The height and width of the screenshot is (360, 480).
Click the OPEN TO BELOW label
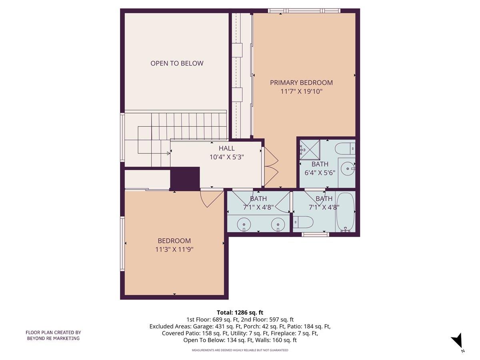[177, 63]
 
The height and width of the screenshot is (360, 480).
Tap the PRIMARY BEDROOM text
[301, 83]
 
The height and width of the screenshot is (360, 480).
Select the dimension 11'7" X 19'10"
[301, 92]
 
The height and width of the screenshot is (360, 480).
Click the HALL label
[226, 148]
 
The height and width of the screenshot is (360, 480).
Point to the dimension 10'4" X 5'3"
[226, 157]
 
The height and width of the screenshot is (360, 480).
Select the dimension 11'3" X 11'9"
[174, 249]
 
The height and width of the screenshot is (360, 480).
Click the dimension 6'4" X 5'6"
[320, 173]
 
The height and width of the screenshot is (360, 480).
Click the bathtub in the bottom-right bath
[345, 212]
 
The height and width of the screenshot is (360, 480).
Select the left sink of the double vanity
[243, 224]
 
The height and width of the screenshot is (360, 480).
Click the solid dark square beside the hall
[185, 178]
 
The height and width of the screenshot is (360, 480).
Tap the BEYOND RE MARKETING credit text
[53, 335]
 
